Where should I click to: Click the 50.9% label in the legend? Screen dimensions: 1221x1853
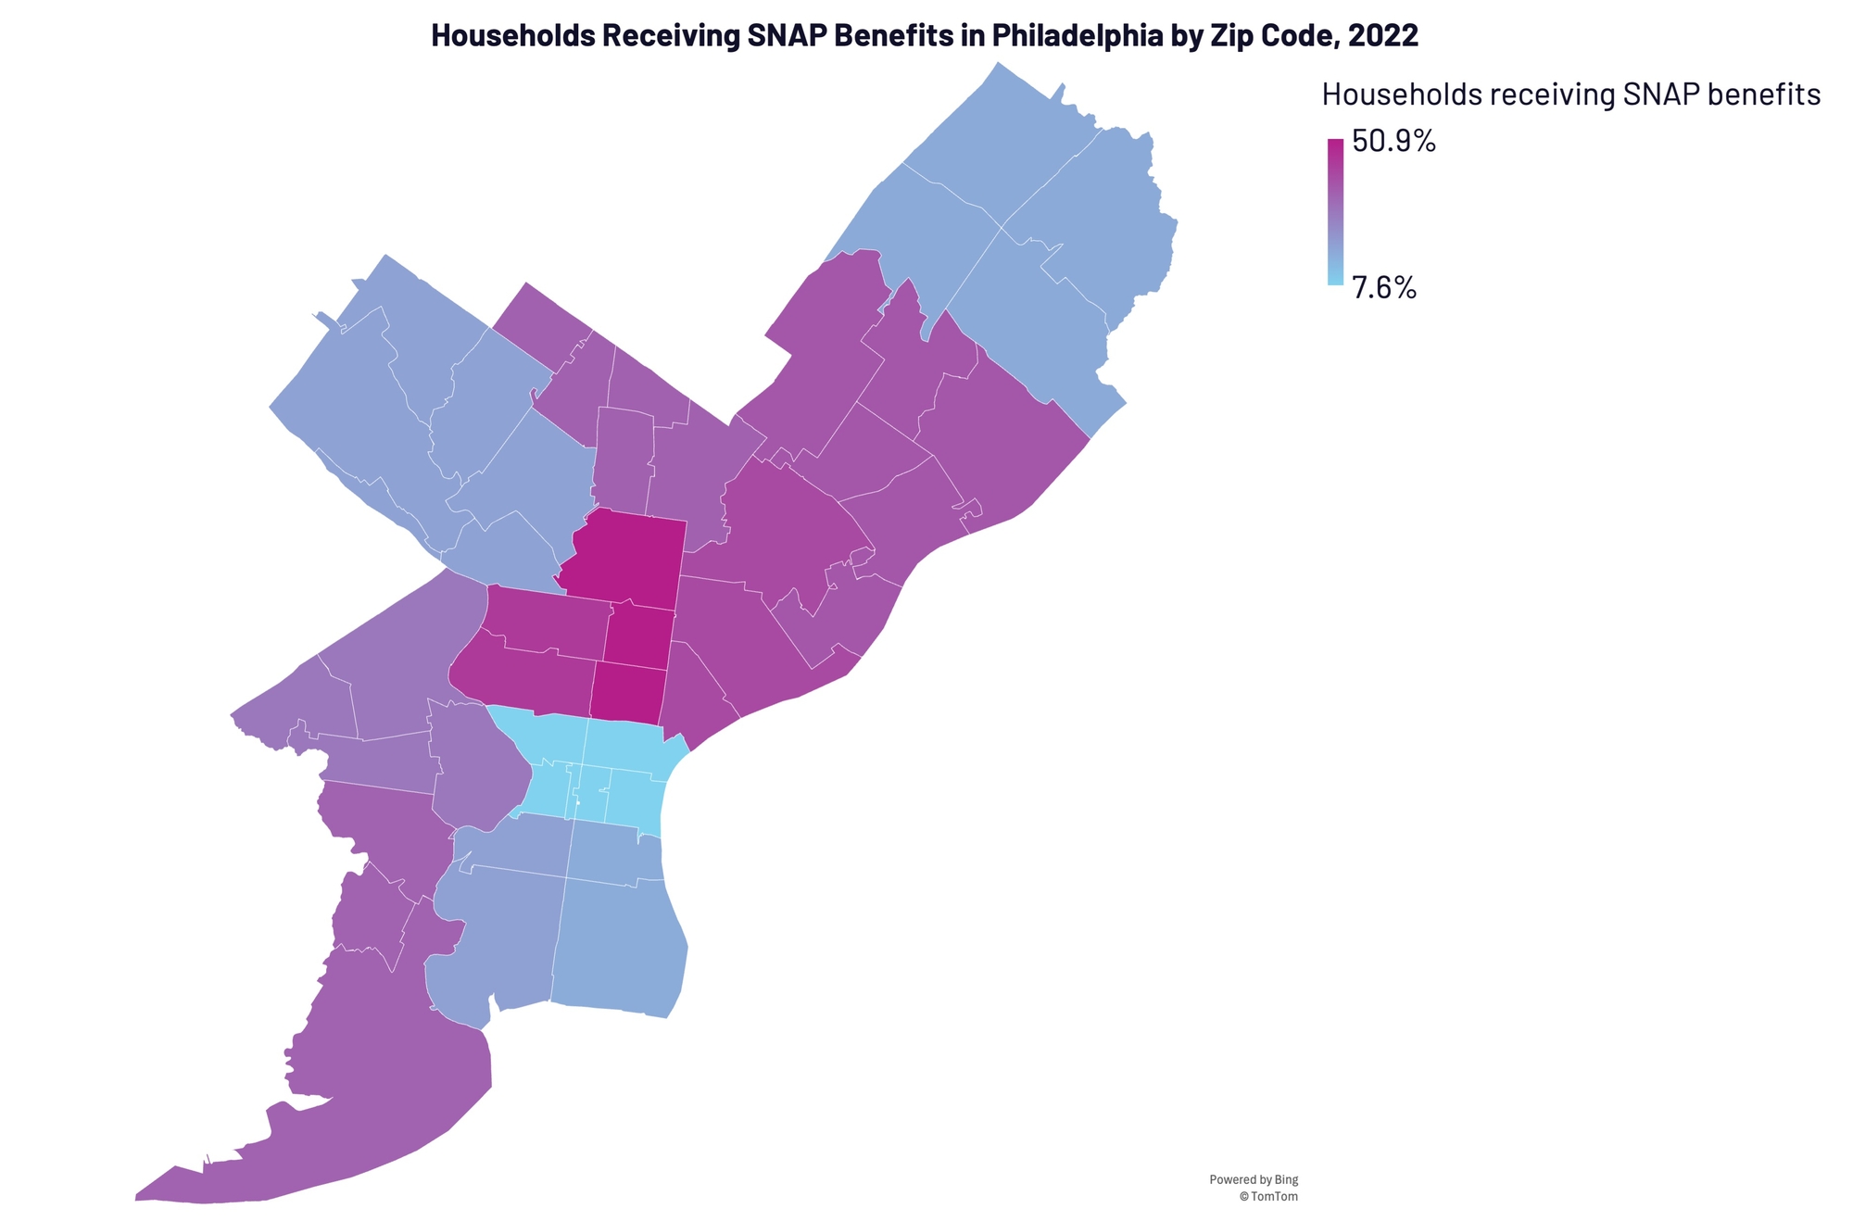(1393, 142)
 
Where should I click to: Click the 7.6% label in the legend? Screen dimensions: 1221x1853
(1384, 288)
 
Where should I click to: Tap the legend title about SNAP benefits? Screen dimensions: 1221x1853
(1571, 94)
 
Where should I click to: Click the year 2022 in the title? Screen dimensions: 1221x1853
(1383, 35)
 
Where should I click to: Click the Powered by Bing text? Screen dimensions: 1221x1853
(1253, 1179)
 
